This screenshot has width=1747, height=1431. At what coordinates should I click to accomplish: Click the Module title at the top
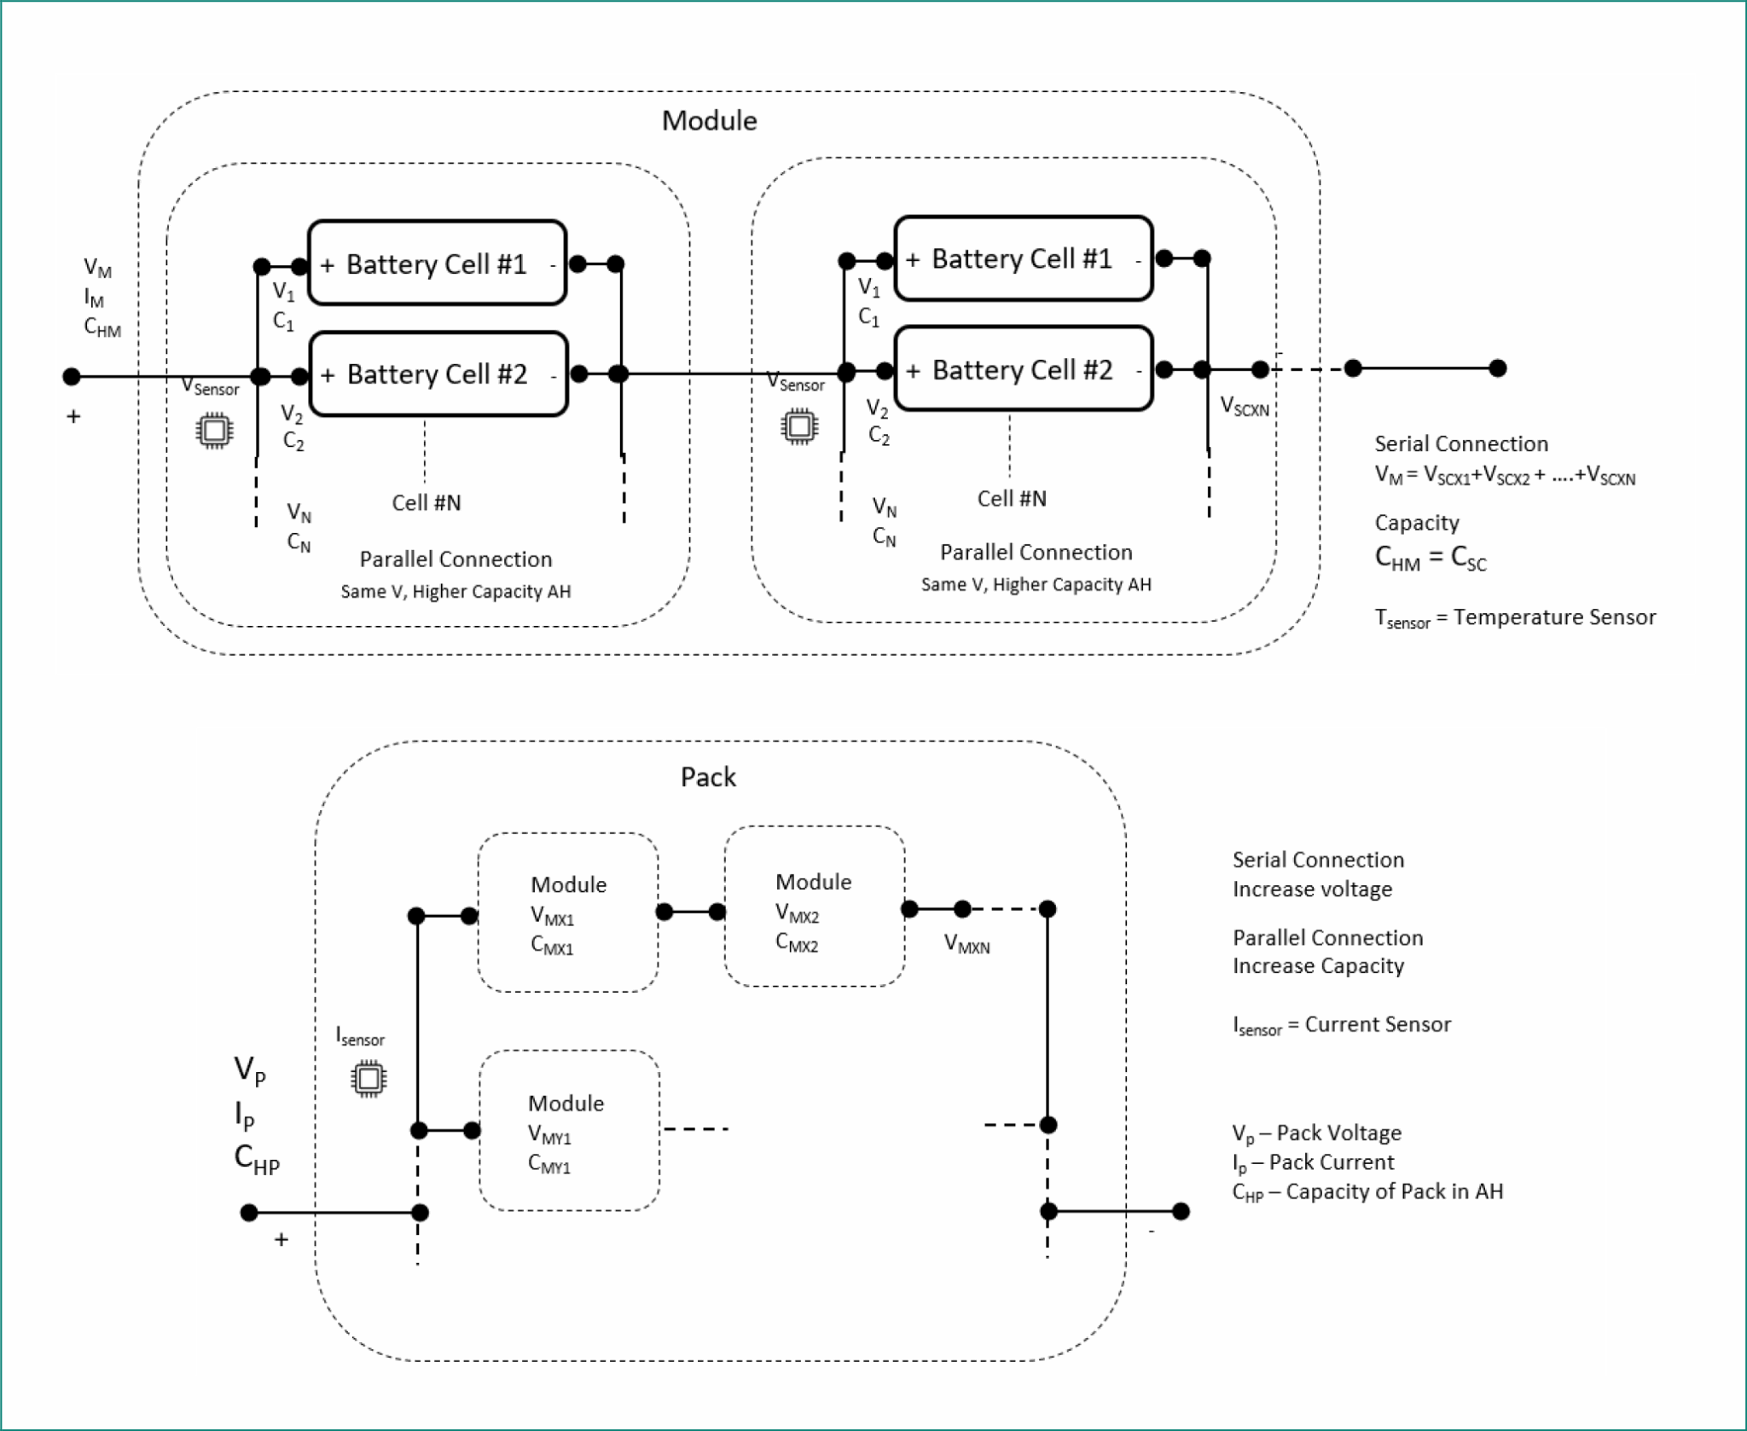pos(709,121)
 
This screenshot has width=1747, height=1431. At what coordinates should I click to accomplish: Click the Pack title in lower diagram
pos(708,777)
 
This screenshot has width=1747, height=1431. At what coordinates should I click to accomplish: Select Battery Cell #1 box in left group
pos(437,264)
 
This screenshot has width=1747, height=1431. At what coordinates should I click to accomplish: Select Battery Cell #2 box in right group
pos(1023,369)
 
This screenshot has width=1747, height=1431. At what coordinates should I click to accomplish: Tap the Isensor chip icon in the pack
pos(369,1079)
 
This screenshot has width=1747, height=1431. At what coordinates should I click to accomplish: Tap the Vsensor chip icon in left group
pos(214,430)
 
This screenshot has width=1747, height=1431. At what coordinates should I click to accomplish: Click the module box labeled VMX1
pos(568,913)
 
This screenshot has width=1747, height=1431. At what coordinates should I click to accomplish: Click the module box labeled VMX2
pos(814,907)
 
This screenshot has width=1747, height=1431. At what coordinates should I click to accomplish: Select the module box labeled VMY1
pos(569,1131)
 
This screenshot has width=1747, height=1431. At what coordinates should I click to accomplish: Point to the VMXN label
pos(966,944)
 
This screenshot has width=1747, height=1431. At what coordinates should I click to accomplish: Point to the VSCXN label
pos(1245,407)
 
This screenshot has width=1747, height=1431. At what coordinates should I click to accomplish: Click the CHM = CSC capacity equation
pos(1430,558)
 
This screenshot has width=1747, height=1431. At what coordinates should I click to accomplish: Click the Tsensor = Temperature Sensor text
pos(1514,617)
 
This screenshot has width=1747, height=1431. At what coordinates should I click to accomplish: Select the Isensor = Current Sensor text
pos(1341,1025)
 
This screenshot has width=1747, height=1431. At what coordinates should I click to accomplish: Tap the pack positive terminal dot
pos(249,1212)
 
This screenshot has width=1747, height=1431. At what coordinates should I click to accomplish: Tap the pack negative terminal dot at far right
pos(1181,1211)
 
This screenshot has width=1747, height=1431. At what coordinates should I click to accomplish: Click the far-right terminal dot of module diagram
pos(1497,368)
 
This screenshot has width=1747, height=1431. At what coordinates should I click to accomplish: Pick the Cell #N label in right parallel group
pos(1012,499)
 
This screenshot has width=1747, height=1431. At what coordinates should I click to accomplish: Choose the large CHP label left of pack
pos(256,1159)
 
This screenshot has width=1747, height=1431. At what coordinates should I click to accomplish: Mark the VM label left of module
pos(97,269)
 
